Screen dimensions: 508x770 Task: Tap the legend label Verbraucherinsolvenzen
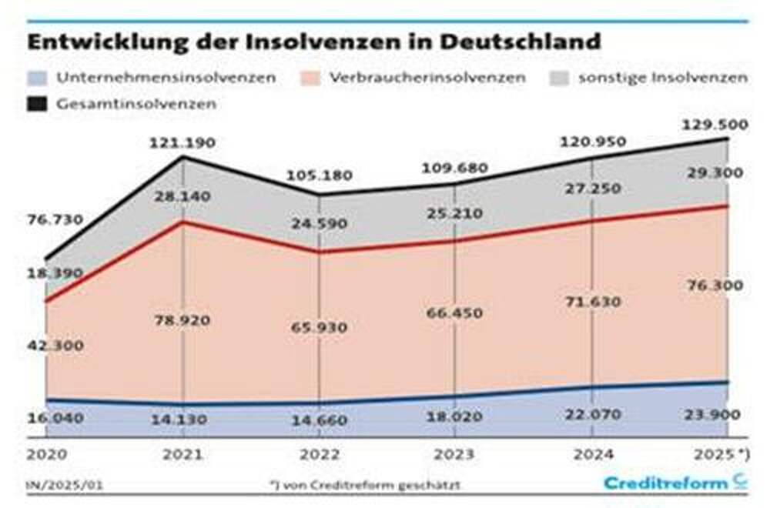point(427,79)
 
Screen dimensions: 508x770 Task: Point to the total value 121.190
point(183,143)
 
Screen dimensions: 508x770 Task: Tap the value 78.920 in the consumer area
point(182,320)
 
